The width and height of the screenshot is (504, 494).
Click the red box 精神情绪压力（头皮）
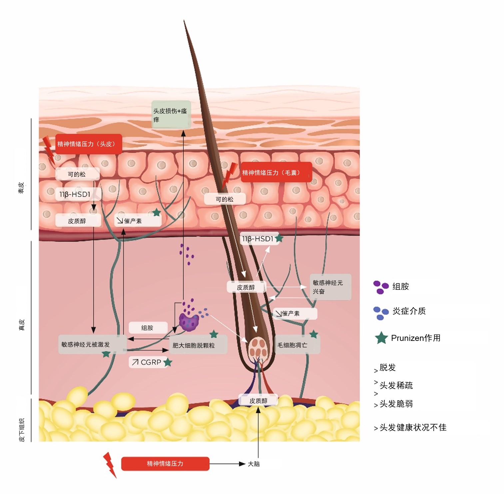(x=89, y=144)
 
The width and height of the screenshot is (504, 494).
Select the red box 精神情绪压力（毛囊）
(x=276, y=172)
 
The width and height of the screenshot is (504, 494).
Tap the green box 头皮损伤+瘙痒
(x=171, y=115)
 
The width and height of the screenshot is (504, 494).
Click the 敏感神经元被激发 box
(x=92, y=345)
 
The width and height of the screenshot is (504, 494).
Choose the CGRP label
(x=148, y=362)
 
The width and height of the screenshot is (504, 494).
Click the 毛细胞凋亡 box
(x=297, y=345)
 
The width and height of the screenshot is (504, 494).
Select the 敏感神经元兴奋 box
(x=330, y=287)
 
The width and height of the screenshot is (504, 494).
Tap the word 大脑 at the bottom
(x=254, y=464)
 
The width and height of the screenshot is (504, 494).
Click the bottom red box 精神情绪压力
(x=165, y=464)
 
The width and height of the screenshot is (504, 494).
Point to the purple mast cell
(x=189, y=322)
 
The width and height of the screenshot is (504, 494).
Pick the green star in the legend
(x=381, y=338)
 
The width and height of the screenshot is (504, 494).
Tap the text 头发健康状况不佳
(x=413, y=427)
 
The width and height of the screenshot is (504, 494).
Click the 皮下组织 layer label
(x=22, y=430)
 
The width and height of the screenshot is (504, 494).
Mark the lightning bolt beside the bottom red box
(x=110, y=465)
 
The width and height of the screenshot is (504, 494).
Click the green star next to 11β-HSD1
(x=279, y=238)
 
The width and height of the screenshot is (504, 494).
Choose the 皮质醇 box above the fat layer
(x=258, y=401)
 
